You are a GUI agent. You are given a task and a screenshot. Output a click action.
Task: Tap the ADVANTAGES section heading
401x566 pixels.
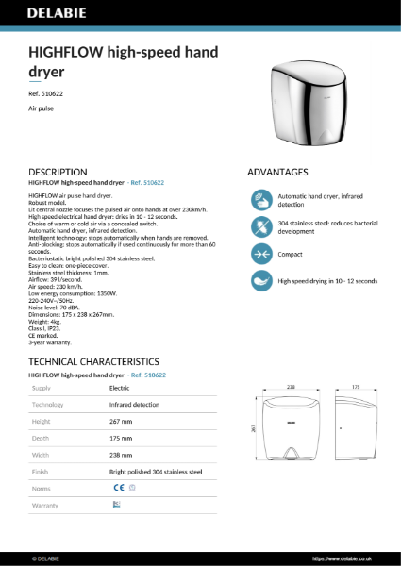277,173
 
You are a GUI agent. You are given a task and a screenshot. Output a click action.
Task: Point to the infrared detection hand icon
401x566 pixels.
261,200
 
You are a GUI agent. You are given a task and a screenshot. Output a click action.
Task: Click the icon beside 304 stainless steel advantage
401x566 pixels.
261,226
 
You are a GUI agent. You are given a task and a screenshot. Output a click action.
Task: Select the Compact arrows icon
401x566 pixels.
261,254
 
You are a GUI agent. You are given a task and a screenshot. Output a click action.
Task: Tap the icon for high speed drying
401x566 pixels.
261,281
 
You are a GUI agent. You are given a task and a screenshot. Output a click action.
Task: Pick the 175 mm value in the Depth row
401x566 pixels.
121,437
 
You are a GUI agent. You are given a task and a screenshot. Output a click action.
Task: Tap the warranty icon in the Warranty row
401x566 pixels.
116,505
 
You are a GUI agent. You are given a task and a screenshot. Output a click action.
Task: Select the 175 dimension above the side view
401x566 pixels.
356,388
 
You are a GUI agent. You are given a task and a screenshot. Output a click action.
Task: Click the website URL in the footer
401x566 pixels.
353,558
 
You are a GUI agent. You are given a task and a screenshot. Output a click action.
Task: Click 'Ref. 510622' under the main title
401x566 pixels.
45,94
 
